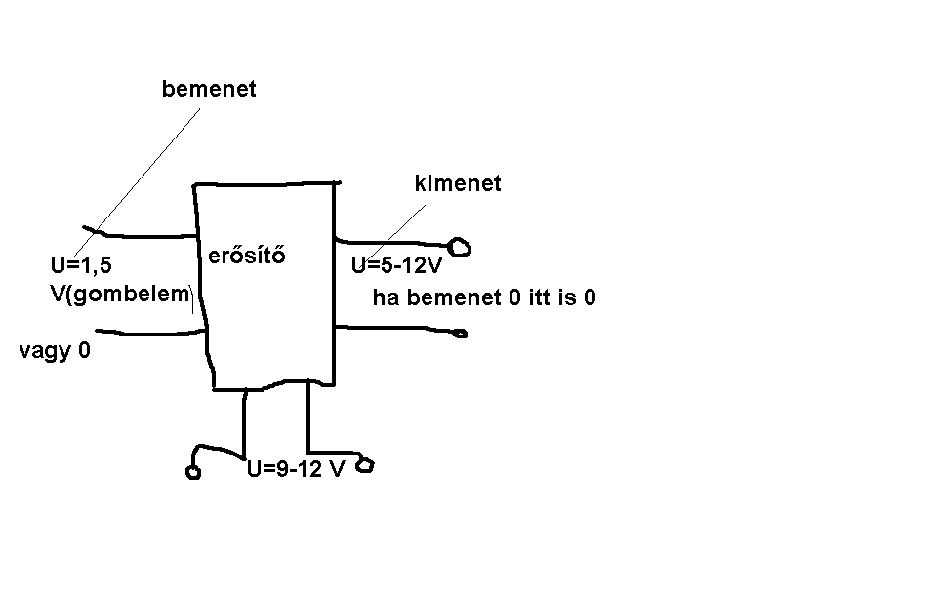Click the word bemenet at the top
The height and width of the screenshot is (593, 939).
click(209, 89)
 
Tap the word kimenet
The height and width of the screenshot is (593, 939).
click(458, 183)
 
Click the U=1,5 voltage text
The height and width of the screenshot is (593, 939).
click(81, 264)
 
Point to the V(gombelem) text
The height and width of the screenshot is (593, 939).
click(119, 293)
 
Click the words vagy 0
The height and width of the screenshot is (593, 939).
click(55, 350)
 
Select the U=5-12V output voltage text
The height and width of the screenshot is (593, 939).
click(397, 265)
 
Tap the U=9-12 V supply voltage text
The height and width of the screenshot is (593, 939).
click(296, 469)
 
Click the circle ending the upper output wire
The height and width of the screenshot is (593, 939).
click(461, 248)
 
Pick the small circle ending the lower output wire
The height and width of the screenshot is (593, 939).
click(460, 335)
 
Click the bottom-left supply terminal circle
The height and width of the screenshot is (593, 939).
click(192, 474)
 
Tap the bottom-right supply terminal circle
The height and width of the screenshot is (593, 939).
click(365, 466)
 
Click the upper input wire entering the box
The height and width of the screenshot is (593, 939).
click(146, 235)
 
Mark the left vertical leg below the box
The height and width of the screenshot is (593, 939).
click(243, 421)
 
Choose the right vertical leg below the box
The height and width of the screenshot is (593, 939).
click(309, 419)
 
